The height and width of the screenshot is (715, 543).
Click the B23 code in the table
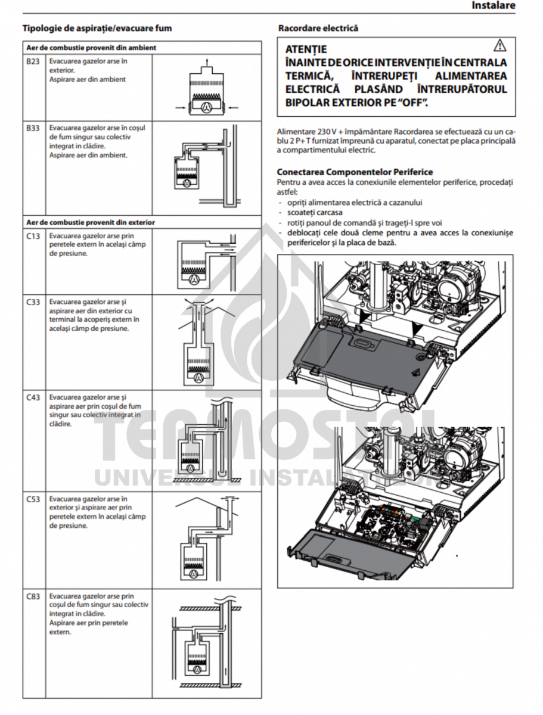[33, 61]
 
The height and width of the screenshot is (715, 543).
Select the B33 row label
[33, 128]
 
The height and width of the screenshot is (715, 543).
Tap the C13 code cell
[33, 236]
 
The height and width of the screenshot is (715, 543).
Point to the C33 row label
[33, 302]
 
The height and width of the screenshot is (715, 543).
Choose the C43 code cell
[33, 397]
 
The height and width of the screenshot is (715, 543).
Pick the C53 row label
[33, 499]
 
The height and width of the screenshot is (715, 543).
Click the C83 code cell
[33, 596]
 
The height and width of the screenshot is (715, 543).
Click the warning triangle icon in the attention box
[499, 45]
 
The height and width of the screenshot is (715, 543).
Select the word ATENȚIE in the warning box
[306, 49]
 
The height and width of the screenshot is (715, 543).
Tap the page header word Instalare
[493, 5]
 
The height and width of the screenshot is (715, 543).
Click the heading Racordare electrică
[318, 28]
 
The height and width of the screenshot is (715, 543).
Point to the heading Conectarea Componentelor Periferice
[355, 172]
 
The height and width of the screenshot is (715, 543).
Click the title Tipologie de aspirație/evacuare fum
[98, 28]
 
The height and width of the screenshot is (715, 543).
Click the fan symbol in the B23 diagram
[206, 107]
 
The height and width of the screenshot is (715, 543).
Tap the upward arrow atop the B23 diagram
[206, 61]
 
